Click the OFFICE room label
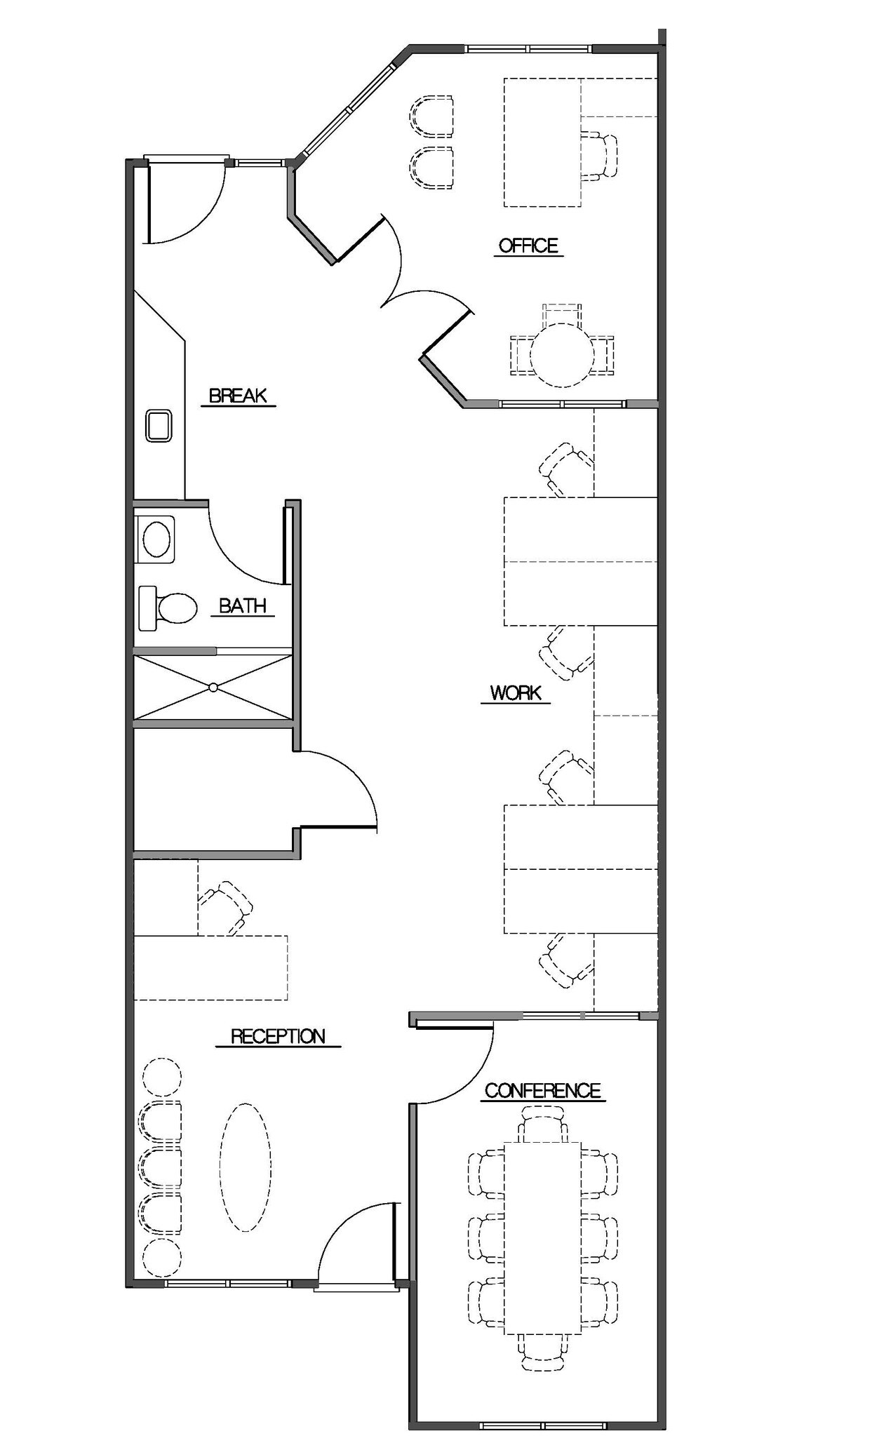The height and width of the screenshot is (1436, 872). pyautogui.click(x=528, y=246)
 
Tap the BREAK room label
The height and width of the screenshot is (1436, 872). pyautogui.click(x=238, y=396)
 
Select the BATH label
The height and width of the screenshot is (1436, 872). pyautogui.click(x=242, y=605)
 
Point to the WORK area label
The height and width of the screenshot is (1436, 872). pyautogui.click(x=516, y=693)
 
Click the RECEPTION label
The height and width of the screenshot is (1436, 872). pyautogui.click(x=278, y=1036)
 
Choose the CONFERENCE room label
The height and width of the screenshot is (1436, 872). pyautogui.click(x=542, y=1091)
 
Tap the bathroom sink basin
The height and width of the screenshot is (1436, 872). pyautogui.click(x=156, y=539)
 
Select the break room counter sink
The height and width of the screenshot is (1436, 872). pyautogui.click(x=159, y=426)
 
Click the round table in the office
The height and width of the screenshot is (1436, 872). pyautogui.click(x=562, y=355)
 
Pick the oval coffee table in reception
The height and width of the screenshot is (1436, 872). pyautogui.click(x=246, y=1167)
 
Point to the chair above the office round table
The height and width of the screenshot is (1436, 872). pyautogui.click(x=562, y=313)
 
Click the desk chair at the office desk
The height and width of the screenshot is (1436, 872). pyautogui.click(x=600, y=155)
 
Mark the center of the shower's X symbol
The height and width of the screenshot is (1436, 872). pyautogui.click(x=213, y=687)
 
